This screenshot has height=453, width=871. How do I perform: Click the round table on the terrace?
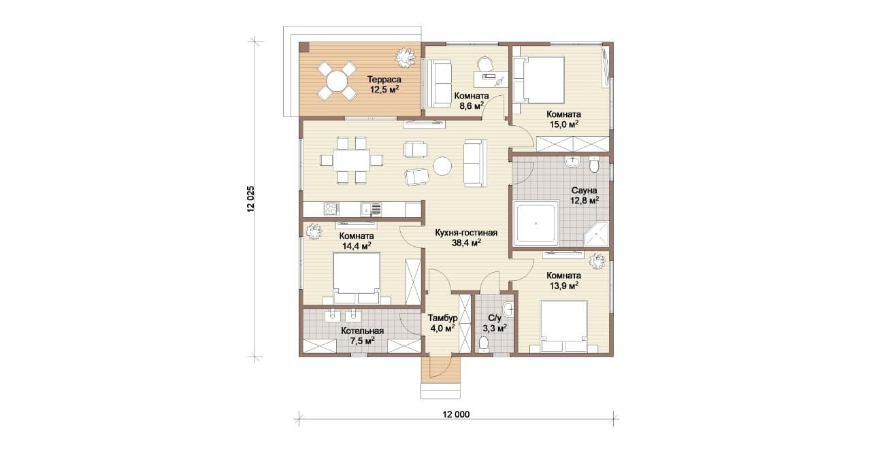click(x=337, y=81)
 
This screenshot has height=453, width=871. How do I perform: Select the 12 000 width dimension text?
click(x=456, y=414)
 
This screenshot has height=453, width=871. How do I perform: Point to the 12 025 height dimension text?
click(x=250, y=199)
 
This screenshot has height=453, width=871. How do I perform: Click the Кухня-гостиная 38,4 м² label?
click(x=466, y=238)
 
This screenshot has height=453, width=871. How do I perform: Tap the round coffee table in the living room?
click(x=442, y=166)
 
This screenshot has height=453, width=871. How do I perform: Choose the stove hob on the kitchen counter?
click(x=331, y=209)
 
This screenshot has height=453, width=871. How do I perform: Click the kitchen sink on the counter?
click(x=94, y=209)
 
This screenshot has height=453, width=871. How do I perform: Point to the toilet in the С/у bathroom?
click(x=484, y=344)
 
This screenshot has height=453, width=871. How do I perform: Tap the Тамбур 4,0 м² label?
click(x=442, y=323)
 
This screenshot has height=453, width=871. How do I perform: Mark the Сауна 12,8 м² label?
click(x=584, y=195)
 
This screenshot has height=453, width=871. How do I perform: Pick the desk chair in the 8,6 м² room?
click(x=484, y=65)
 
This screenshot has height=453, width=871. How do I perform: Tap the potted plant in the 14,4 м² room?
click(x=314, y=231)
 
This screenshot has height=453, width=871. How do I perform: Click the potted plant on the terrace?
click(x=406, y=58)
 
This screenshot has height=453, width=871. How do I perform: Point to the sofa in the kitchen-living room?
click(x=475, y=163)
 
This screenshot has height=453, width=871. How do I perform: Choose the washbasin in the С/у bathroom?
click(x=508, y=309)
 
